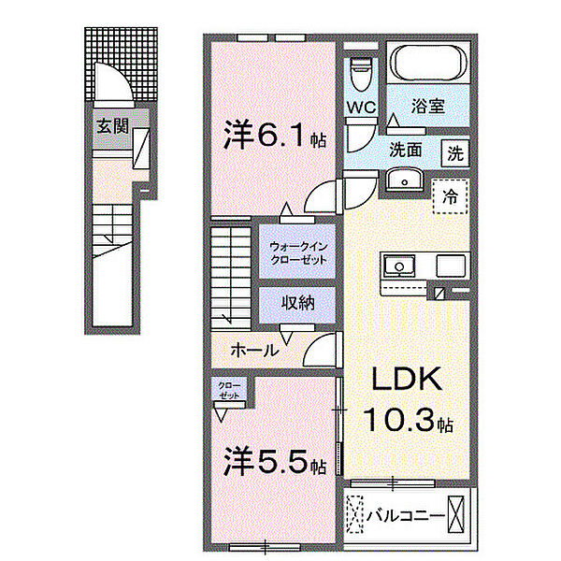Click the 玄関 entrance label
click(x=110, y=127)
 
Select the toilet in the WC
click(x=360, y=71)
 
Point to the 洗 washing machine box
click(x=454, y=153)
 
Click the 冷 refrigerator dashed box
click(x=451, y=196)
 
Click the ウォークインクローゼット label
click(x=296, y=252)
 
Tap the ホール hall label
click(x=253, y=351)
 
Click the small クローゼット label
click(x=228, y=390)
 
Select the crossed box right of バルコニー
click(x=455, y=513)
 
